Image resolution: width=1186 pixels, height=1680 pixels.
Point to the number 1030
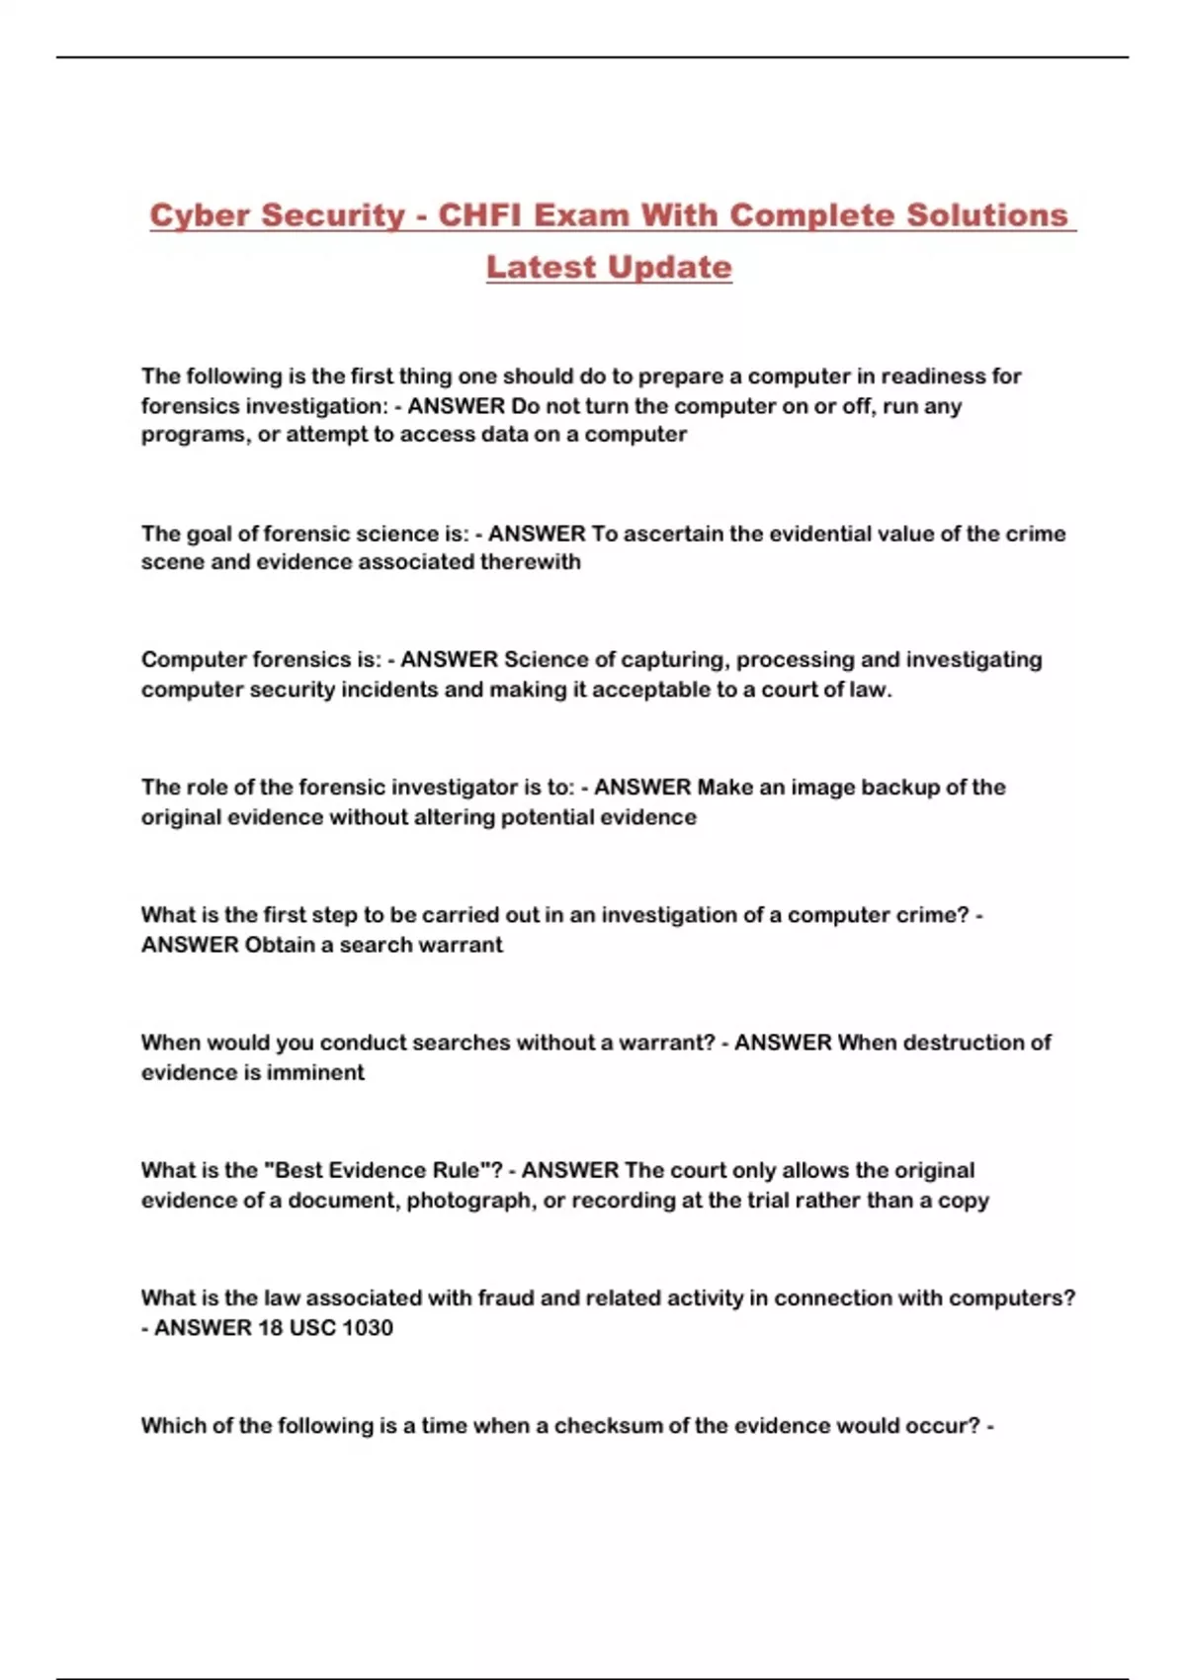pos(367,1327)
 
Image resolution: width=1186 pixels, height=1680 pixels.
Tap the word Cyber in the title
pos(198,215)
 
